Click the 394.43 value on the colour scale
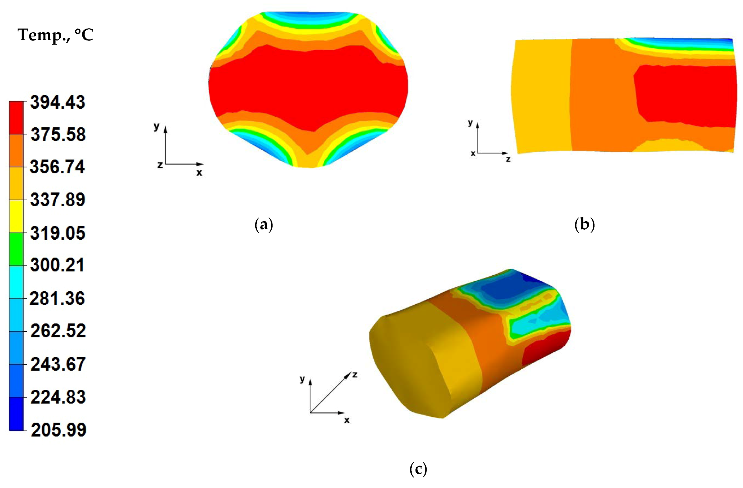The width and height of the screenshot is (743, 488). [57, 102]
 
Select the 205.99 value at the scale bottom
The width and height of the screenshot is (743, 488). [58, 430]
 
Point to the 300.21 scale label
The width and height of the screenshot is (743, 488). [57, 265]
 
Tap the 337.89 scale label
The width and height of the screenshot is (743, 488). [57, 199]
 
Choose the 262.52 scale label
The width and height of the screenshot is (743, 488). [58, 331]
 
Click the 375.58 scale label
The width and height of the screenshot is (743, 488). [58, 135]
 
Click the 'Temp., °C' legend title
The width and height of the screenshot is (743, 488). [55, 35]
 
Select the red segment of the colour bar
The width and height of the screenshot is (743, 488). [16, 118]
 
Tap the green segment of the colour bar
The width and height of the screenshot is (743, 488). [16, 249]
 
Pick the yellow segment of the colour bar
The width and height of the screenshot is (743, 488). [16, 216]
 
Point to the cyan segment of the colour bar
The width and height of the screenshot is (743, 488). [16, 282]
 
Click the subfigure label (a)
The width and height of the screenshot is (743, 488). [264, 224]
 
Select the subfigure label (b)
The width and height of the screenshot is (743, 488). [584, 224]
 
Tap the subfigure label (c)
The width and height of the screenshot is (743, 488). [418, 469]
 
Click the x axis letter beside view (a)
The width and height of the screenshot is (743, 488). [199, 172]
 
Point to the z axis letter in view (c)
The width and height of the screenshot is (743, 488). [355, 374]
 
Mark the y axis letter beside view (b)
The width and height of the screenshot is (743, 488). [470, 123]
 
